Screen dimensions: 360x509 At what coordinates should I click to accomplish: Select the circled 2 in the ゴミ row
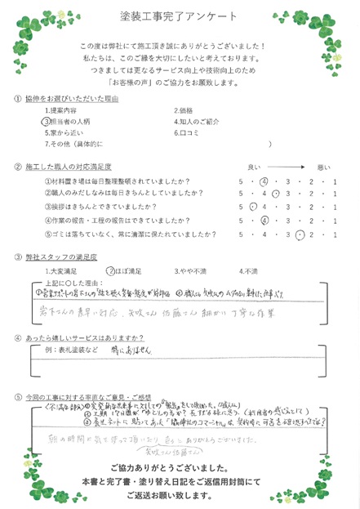click(301, 234)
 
